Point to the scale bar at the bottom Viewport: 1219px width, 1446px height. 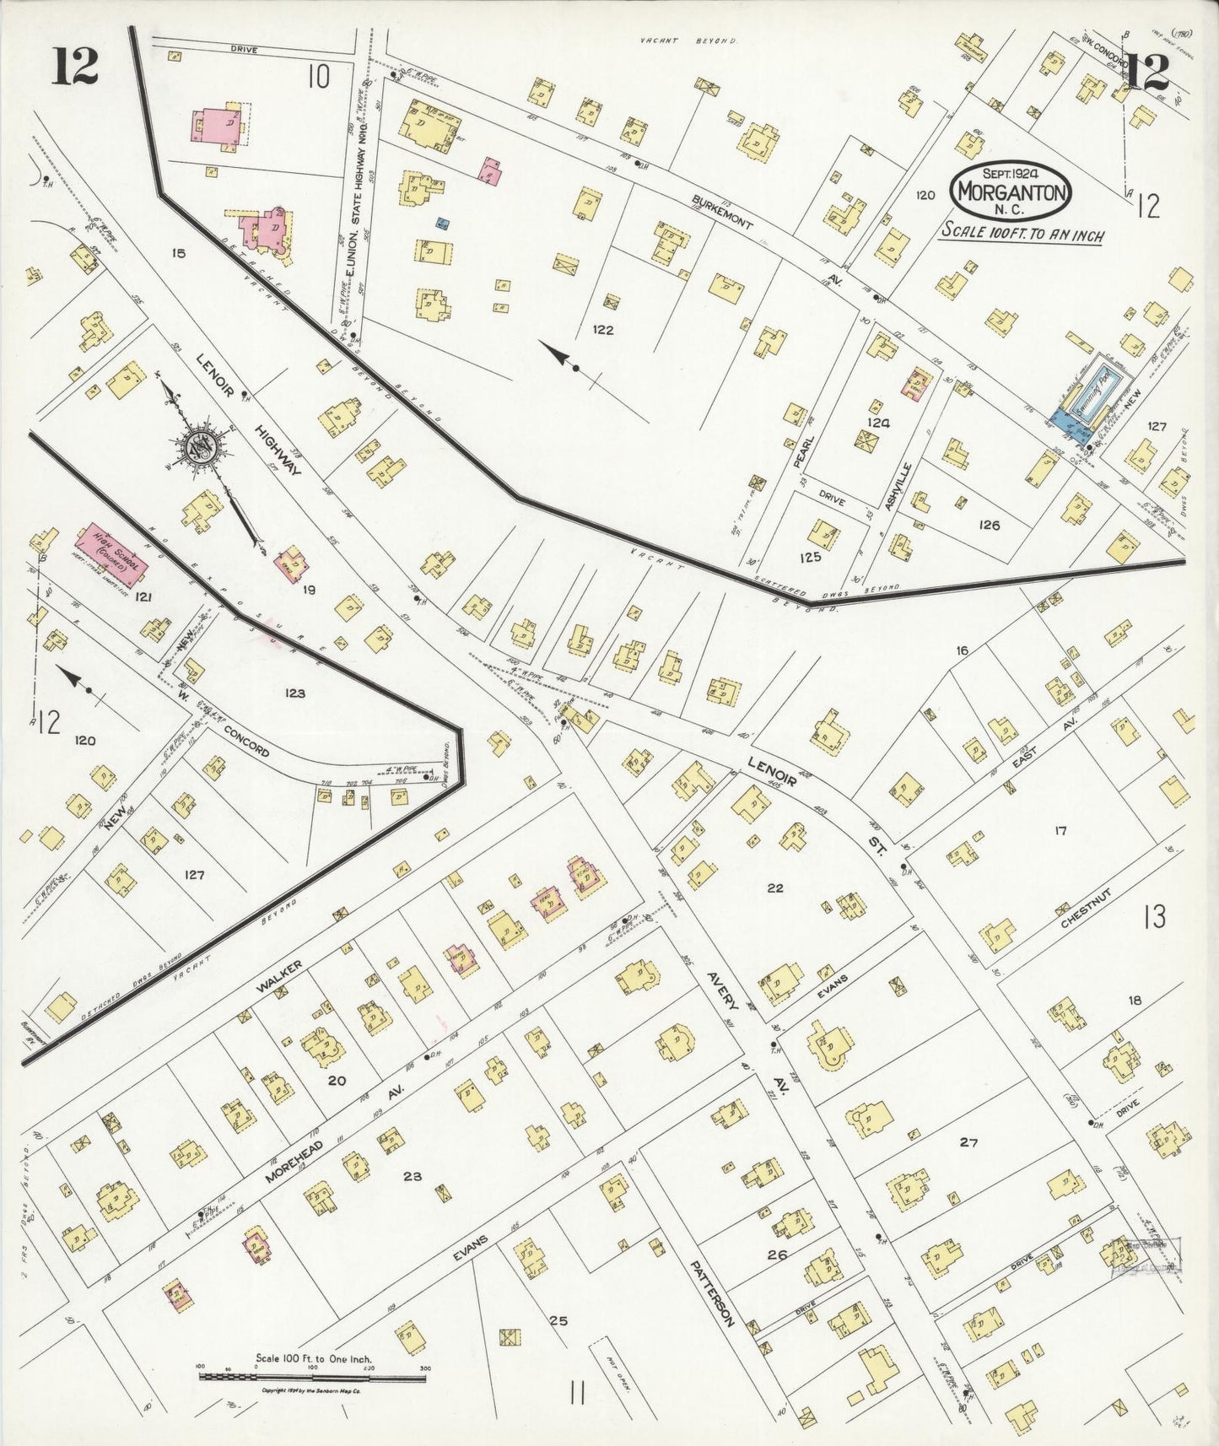click(x=312, y=1376)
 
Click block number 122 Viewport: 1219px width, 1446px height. click(x=602, y=330)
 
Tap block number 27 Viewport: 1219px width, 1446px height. click(x=968, y=1142)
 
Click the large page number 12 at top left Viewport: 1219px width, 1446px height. click(x=75, y=67)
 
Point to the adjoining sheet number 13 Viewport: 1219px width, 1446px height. click(x=1154, y=916)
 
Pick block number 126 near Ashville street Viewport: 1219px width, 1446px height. click(x=989, y=525)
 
